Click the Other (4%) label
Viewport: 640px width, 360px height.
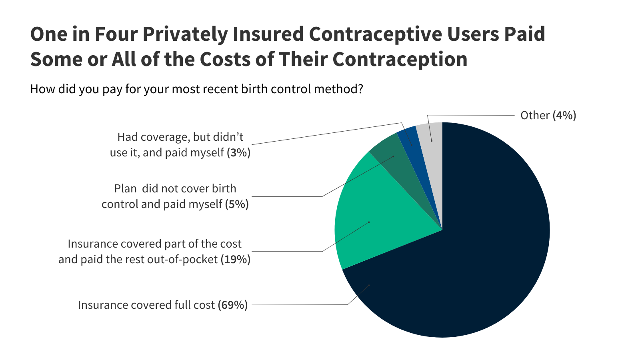pos(548,116)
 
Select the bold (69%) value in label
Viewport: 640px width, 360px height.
pos(233,305)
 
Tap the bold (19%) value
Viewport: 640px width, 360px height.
pos(236,260)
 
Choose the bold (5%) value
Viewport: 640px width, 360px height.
pos(237,204)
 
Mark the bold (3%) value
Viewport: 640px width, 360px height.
pos(238,153)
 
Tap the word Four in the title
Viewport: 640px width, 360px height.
pos(116,34)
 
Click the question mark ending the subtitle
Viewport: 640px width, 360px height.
pos(360,89)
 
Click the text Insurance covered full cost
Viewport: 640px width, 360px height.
pos(146,305)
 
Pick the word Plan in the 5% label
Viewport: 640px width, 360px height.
pos(126,189)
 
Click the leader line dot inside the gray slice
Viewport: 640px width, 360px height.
pos(432,141)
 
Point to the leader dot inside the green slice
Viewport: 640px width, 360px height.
pos(369,222)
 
